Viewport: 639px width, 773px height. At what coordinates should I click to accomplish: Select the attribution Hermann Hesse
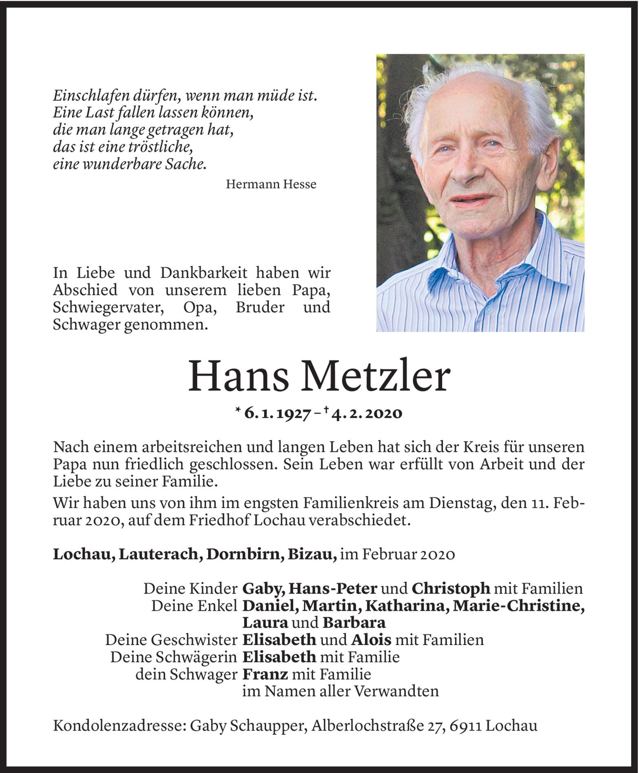(271, 185)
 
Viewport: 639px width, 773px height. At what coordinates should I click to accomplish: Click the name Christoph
(451, 589)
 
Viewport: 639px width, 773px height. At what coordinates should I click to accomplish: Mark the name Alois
(371, 640)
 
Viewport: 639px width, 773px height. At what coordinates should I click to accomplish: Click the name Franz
(265, 674)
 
